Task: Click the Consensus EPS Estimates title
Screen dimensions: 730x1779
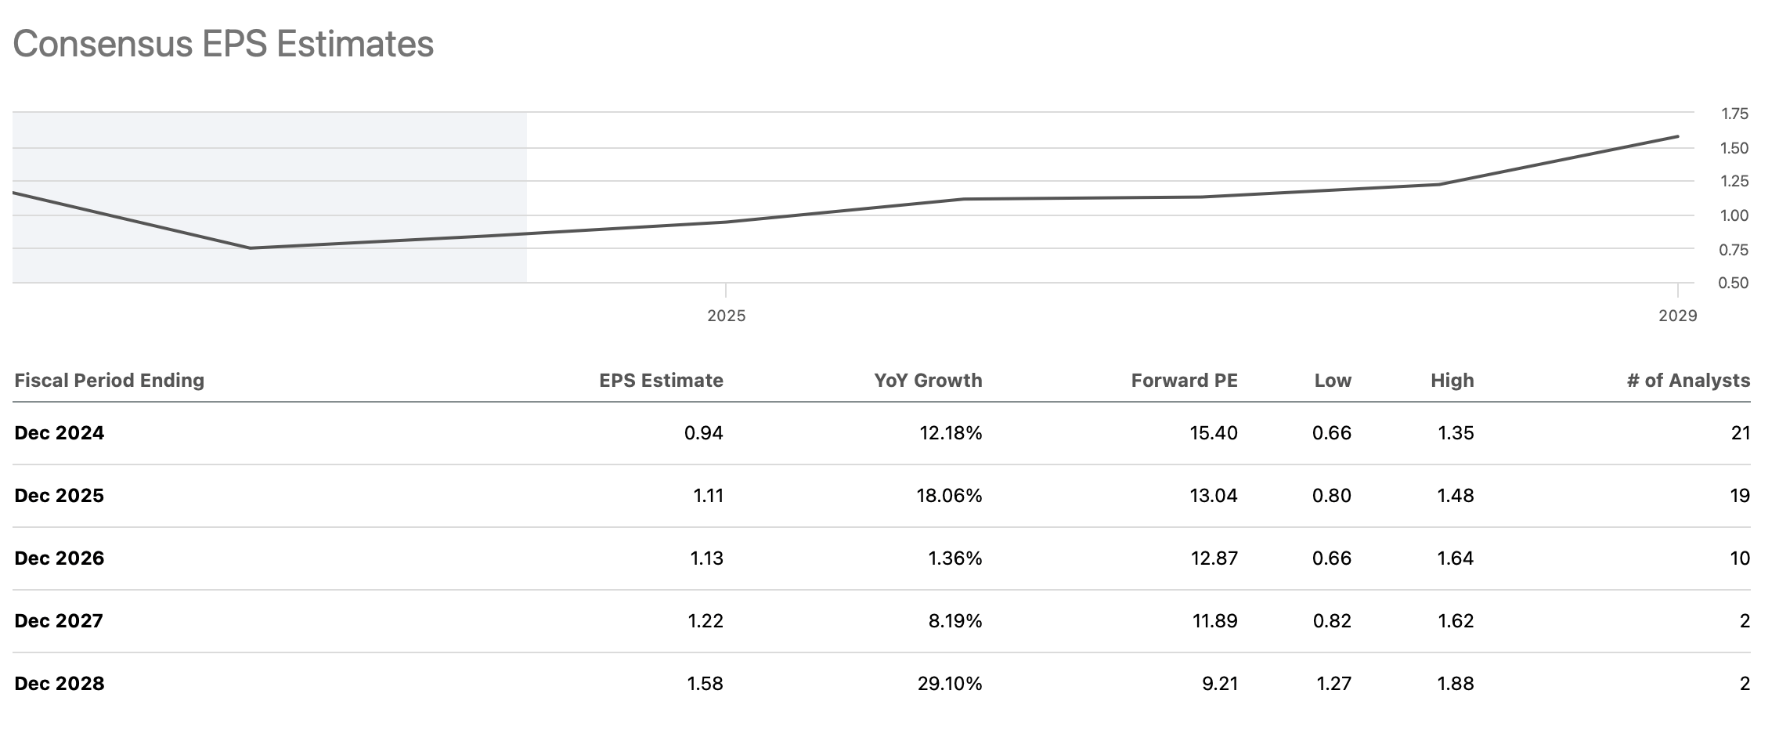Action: point(223,44)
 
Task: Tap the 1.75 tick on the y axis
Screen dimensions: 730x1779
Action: point(1734,114)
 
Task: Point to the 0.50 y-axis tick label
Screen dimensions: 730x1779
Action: point(1734,283)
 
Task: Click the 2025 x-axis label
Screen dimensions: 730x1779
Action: point(726,316)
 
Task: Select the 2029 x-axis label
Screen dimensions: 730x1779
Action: point(1677,316)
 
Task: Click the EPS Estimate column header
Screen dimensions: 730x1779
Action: point(661,381)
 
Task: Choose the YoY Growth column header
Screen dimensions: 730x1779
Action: point(928,381)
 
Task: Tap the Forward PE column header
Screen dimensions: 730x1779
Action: point(1184,381)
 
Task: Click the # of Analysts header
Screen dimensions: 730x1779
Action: point(1688,381)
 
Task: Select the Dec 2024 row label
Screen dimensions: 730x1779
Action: point(60,433)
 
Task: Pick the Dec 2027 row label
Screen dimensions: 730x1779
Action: point(59,621)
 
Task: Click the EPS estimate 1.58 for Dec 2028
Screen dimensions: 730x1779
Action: point(705,684)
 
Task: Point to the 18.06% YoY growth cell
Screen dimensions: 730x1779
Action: point(949,496)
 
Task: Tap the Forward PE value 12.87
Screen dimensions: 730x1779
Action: point(1214,558)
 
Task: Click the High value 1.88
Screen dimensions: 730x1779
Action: point(1456,684)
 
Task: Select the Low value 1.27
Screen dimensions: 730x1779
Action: point(1333,684)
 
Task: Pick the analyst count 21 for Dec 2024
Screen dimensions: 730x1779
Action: point(1740,433)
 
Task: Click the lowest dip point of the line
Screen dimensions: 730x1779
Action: point(250,248)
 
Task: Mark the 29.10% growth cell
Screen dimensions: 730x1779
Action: point(949,684)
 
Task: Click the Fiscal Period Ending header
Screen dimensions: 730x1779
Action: point(110,381)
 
